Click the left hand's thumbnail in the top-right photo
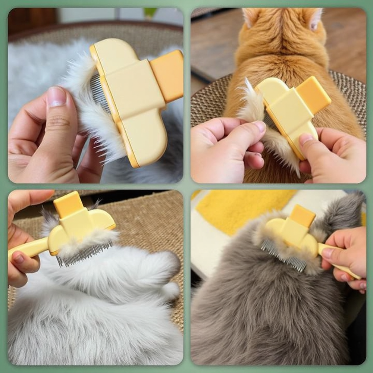pos(260,126)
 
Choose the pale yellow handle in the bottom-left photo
pos(28,248)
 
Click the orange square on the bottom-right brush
pos(303,216)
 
